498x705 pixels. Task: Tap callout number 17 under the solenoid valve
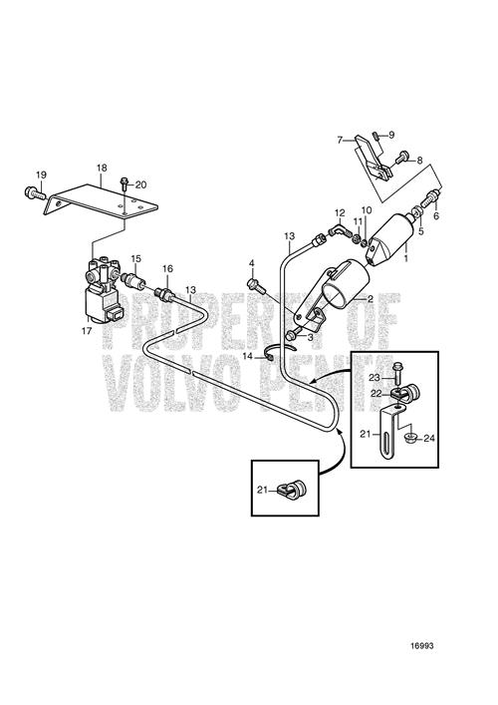[87, 331]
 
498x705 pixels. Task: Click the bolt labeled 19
[34, 193]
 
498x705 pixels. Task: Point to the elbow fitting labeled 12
[338, 230]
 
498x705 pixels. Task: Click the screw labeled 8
[402, 158]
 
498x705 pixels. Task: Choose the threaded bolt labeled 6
[429, 198]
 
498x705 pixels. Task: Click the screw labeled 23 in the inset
[398, 372]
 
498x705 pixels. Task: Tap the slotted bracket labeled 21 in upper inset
[390, 432]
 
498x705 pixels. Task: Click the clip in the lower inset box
[292, 490]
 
